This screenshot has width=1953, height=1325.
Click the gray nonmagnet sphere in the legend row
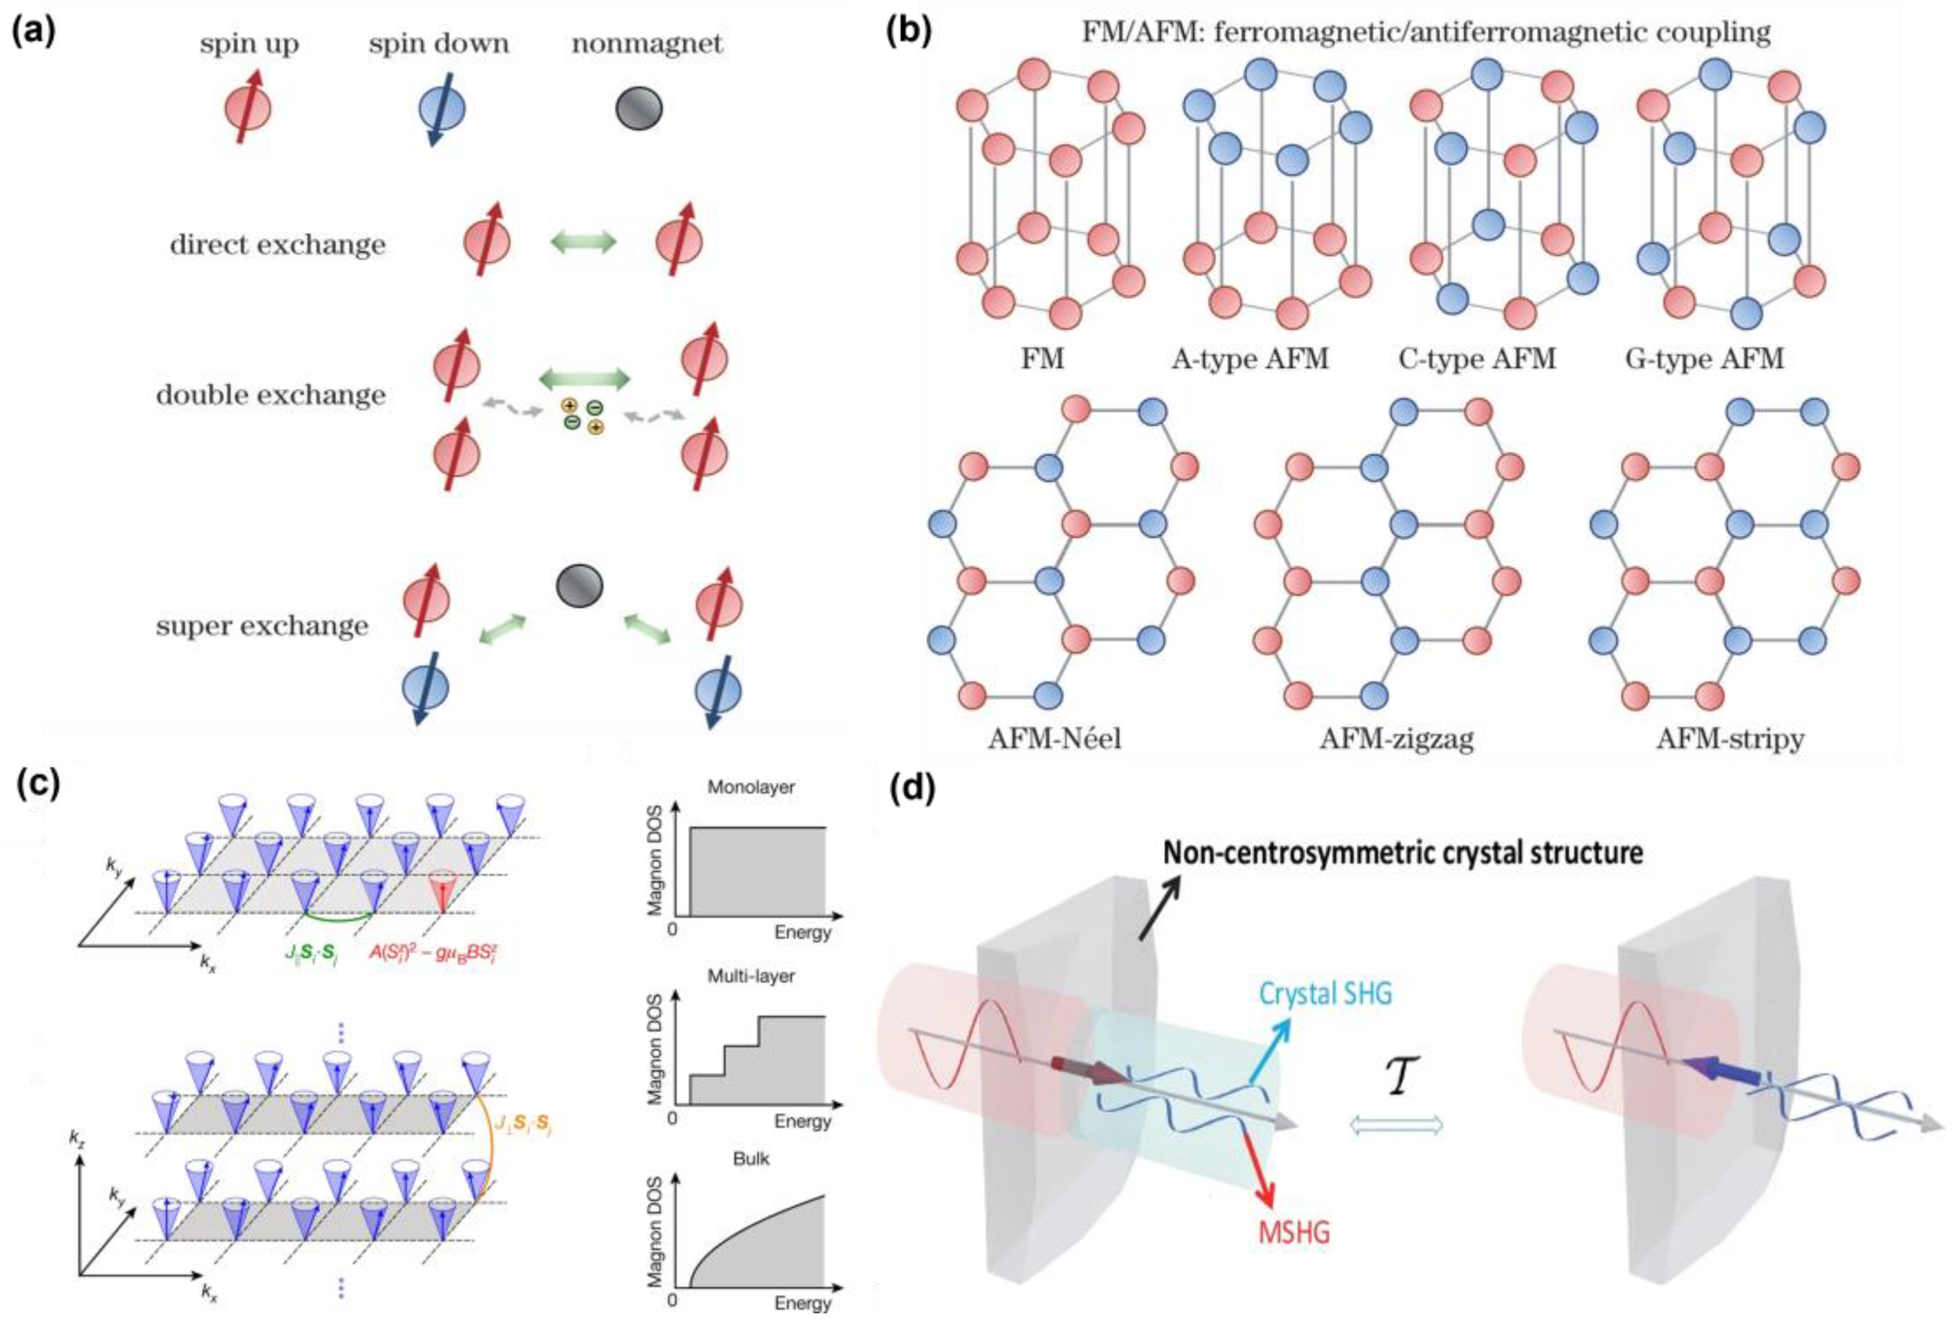tap(639, 108)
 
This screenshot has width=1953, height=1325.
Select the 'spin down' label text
tap(438, 44)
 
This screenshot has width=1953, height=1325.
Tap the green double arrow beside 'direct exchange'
tap(583, 243)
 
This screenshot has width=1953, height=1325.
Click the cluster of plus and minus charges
tap(582, 416)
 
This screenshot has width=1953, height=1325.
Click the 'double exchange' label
tap(271, 395)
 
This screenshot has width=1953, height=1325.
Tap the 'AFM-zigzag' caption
tap(1397, 739)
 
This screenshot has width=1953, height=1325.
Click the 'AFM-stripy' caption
tap(1730, 739)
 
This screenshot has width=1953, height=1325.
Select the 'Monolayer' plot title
tap(750, 788)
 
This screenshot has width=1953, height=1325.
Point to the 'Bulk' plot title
tap(750, 1159)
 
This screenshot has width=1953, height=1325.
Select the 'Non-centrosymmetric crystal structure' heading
tap(1403, 853)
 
